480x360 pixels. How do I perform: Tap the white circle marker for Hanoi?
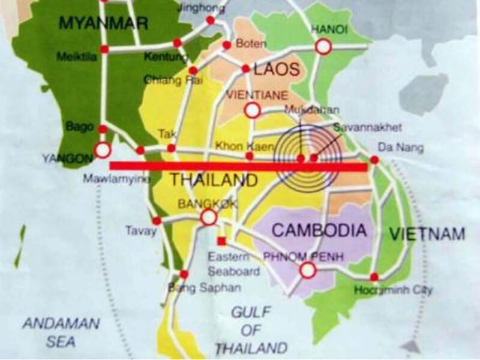[x=323, y=47]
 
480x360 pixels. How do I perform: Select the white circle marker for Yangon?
[x=103, y=149]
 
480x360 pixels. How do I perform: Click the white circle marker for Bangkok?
[x=208, y=217]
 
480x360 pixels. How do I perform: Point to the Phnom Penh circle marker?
[x=308, y=271]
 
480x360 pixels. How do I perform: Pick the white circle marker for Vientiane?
[x=253, y=110]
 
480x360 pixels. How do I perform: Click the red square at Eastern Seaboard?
[x=221, y=241]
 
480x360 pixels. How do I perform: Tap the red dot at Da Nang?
[x=374, y=160]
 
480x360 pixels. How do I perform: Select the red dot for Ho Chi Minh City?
[x=374, y=277]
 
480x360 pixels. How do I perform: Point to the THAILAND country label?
[x=214, y=179]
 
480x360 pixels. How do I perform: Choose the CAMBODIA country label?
[x=319, y=230]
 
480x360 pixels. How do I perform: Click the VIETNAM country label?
[x=427, y=234]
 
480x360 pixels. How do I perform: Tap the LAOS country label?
[x=277, y=70]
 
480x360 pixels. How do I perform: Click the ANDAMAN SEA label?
[x=61, y=332]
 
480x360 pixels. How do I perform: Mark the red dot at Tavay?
[x=157, y=221]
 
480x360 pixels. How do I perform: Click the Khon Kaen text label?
[x=236, y=146]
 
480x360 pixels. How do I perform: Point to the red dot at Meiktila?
[x=104, y=49]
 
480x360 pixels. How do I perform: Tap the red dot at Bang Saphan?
[x=184, y=274]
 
